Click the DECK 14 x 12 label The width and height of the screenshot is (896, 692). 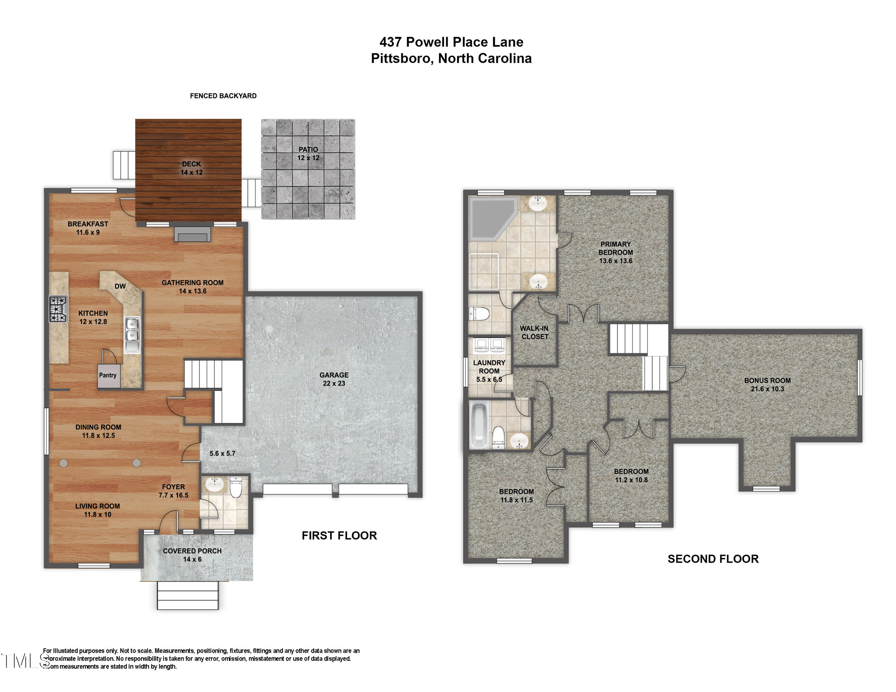click(191, 168)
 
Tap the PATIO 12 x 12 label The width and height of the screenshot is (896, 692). click(308, 154)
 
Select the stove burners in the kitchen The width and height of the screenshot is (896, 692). click(58, 309)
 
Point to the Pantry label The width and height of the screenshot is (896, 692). click(108, 375)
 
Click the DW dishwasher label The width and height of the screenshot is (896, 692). click(120, 286)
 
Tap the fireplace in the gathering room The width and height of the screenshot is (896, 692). click(192, 234)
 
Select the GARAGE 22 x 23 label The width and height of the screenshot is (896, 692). click(334, 379)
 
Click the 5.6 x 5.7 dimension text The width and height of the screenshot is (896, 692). click(223, 453)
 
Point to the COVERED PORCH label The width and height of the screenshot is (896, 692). click(192, 555)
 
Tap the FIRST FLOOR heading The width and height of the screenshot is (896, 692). click(339, 535)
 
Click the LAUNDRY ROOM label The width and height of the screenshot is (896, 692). click(489, 370)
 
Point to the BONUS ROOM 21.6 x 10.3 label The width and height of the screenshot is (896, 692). click(767, 385)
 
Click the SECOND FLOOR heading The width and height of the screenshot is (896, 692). click(713, 559)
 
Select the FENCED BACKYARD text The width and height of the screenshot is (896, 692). click(223, 96)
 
